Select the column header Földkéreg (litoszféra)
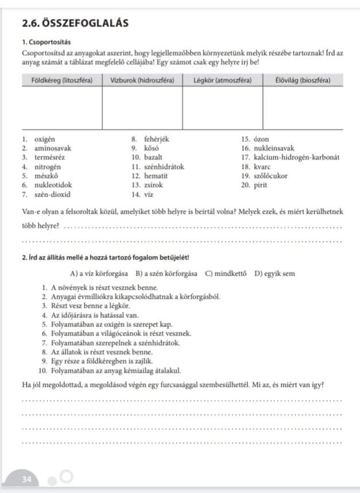pos(61,80)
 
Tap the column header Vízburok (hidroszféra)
pos(142,80)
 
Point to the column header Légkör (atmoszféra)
pos(223,80)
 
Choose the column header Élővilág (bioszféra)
pos(303,80)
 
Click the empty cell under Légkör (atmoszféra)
pos(223,107)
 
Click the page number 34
pos(27,479)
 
